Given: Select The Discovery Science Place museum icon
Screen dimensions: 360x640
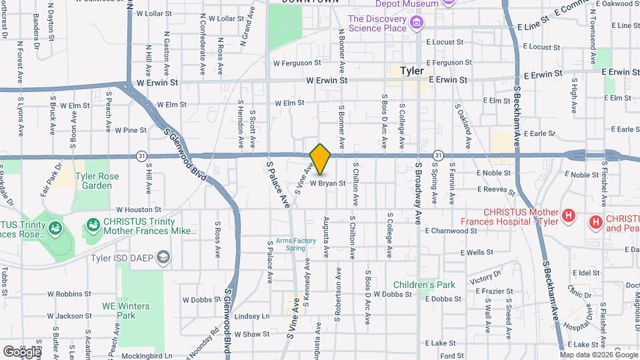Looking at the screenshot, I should tap(417, 25).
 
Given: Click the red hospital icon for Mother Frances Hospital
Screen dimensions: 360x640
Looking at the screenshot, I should tap(568, 215).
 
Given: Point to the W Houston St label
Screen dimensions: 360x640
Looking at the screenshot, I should tap(139, 209).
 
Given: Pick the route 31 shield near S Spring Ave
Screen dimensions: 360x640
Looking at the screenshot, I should tap(437, 155).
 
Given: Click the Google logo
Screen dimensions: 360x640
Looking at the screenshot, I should tap(21, 351).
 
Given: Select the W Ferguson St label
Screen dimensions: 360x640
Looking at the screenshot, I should tap(297, 63).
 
